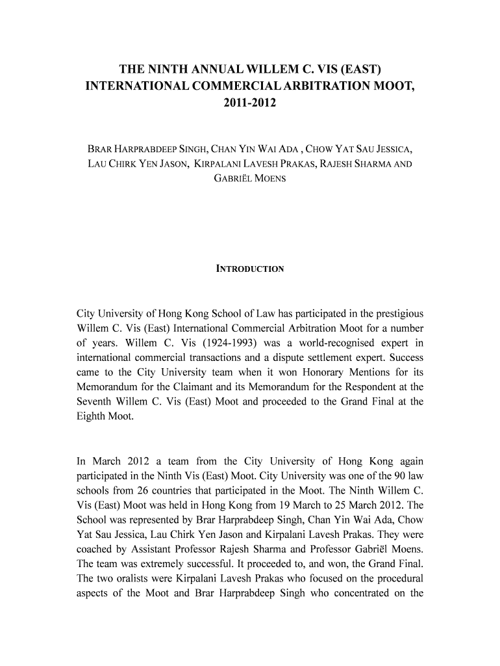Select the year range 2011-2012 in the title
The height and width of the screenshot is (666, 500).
[250, 102]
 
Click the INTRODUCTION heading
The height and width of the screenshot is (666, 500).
[250, 269]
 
